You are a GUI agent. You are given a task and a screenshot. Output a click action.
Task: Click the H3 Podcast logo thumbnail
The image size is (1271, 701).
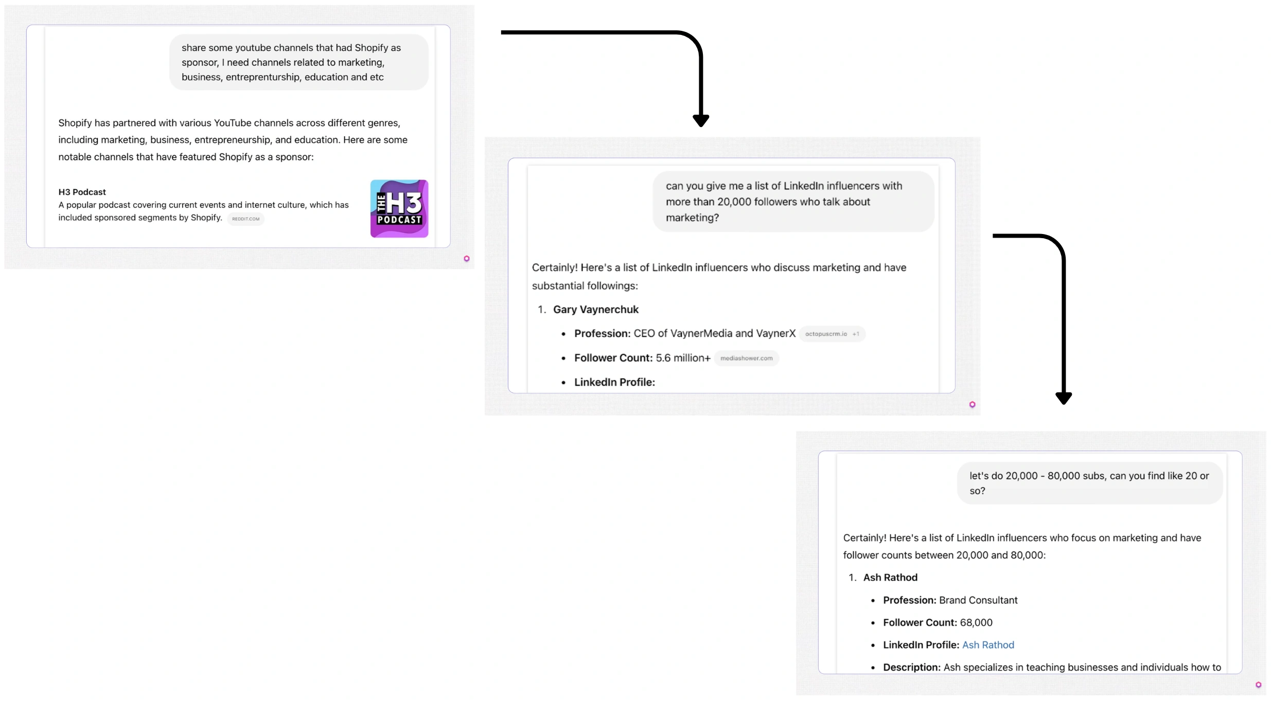click(x=399, y=208)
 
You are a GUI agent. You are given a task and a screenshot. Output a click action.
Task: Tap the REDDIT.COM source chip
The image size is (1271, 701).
click(x=245, y=219)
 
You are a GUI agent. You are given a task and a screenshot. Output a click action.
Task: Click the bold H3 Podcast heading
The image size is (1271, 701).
click(x=82, y=192)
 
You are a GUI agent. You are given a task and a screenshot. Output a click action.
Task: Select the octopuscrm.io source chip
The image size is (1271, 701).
click(x=826, y=334)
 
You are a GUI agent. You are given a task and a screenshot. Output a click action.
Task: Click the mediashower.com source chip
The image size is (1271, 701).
click(x=746, y=358)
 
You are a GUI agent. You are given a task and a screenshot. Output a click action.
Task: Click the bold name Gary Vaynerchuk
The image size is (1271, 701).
click(x=595, y=310)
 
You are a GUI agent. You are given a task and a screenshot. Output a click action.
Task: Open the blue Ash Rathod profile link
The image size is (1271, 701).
click(x=988, y=645)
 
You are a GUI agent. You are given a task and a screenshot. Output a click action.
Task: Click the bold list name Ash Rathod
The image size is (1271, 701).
click(x=890, y=578)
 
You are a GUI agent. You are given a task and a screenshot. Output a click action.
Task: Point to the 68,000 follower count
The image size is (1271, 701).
click(x=976, y=622)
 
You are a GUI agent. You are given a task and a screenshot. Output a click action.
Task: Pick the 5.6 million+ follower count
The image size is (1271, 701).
click(x=683, y=358)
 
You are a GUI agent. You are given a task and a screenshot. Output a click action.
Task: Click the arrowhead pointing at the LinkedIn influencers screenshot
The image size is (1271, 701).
click(x=700, y=121)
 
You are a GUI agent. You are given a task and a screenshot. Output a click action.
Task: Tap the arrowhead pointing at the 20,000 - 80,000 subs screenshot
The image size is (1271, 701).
click(x=1063, y=398)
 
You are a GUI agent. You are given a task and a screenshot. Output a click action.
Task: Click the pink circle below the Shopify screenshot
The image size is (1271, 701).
click(x=467, y=259)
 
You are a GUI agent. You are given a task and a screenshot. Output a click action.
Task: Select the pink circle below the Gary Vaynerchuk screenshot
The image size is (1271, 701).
click(x=972, y=405)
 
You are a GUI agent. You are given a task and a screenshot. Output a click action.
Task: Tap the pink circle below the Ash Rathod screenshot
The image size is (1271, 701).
click(x=1258, y=685)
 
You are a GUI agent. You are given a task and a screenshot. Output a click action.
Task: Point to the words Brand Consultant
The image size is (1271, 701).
click(x=978, y=600)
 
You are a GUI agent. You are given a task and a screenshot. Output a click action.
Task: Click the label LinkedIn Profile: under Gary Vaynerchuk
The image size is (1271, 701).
click(x=614, y=382)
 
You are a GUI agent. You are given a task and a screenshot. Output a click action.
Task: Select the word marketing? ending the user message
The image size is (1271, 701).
click(x=692, y=218)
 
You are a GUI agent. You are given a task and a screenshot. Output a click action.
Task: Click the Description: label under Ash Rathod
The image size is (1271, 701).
click(x=911, y=667)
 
